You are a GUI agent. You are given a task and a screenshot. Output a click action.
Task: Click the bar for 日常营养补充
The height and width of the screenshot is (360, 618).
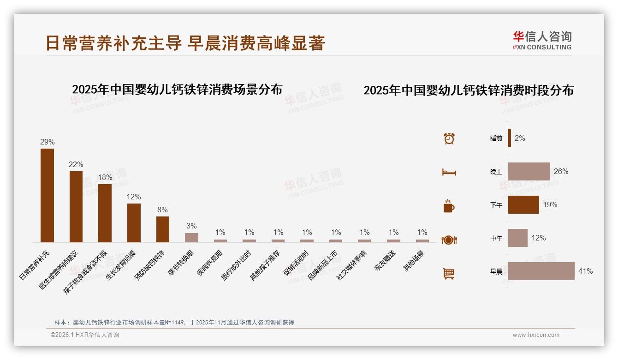coord(47,195)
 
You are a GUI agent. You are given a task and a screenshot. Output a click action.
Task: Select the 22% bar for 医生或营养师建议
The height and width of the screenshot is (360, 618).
coord(76,207)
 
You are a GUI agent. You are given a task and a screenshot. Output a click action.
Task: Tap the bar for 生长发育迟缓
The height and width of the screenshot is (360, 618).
coord(134,222)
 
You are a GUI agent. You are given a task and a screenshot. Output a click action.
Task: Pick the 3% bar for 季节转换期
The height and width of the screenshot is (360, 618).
coord(191,237)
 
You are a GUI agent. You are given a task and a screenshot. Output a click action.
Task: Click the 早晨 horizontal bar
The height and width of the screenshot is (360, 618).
coord(541,271)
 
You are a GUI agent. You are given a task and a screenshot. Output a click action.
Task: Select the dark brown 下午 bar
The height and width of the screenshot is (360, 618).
coord(523,205)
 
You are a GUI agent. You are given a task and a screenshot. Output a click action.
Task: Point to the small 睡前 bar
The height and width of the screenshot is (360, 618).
coord(510,138)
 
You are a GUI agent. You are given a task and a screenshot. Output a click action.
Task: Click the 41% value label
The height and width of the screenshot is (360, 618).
coord(585,271)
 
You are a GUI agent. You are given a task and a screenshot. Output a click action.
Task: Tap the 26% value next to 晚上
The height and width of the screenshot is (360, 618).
coord(561,172)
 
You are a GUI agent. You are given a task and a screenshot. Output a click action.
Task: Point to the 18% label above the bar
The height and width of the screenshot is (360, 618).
coord(105,178)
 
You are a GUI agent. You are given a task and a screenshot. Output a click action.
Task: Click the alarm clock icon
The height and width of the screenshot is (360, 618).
coord(449,138)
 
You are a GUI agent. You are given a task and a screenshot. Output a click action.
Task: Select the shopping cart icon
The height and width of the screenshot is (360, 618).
coord(449,273)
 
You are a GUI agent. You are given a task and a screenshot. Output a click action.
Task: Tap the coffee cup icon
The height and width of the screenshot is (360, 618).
coord(449,206)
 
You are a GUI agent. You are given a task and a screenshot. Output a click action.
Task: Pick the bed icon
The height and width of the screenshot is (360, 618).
coord(449,172)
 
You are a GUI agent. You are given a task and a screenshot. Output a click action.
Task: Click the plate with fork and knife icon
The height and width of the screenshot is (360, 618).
coord(449,240)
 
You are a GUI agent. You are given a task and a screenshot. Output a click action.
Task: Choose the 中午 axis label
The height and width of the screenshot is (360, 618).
coord(496,239)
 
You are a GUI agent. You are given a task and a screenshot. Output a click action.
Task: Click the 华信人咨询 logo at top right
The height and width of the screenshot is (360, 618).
coord(542,40)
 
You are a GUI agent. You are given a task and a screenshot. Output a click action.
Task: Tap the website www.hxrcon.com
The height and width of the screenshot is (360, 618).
coord(536,335)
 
